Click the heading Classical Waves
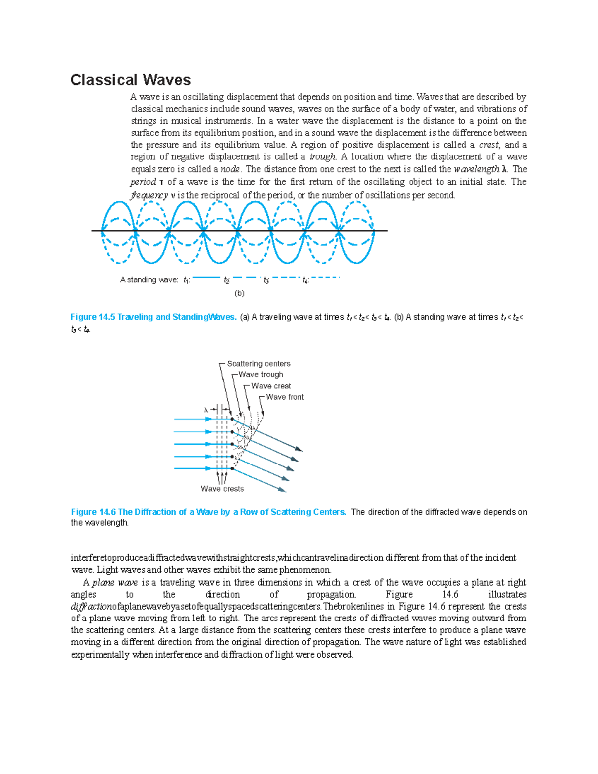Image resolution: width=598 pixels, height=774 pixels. [x=131, y=80]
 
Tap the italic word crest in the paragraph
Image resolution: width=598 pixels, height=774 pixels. [x=489, y=145]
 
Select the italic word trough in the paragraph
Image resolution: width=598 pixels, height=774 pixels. [x=322, y=157]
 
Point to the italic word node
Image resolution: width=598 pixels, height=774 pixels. [x=230, y=169]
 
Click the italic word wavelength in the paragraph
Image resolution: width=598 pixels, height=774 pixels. [x=476, y=169]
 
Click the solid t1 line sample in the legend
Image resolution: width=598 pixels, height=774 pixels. [x=206, y=277]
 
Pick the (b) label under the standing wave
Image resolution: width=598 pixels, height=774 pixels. [x=239, y=293]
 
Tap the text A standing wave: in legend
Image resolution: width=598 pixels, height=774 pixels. [x=149, y=280]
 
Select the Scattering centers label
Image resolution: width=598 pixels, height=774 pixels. [x=259, y=364]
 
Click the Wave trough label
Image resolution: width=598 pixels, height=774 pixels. [x=261, y=375]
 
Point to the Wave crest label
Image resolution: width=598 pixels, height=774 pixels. [x=271, y=386]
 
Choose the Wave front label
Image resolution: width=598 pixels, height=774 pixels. [x=285, y=397]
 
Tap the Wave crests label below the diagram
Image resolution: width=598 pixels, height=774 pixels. [x=222, y=489]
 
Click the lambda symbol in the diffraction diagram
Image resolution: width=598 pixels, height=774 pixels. [x=206, y=410]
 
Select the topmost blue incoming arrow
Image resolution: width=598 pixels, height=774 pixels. [x=194, y=419]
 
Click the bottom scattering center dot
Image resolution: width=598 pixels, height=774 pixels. [x=232, y=468]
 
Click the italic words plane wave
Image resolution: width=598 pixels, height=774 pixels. [x=115, y=583]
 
